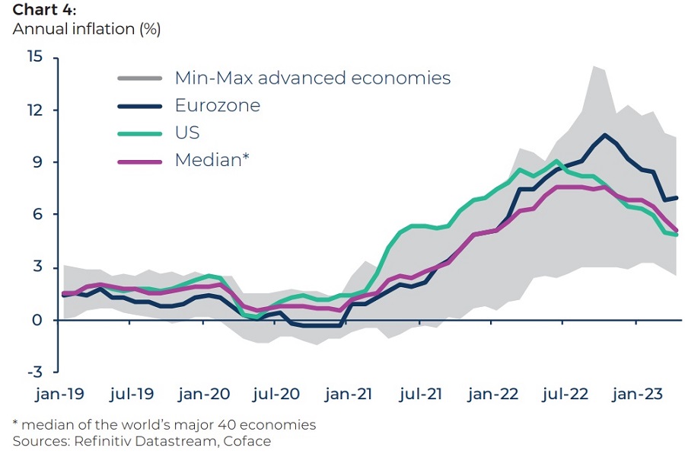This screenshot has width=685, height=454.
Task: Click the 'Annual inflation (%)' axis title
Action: click(87, 30)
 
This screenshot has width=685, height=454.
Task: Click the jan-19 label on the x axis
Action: click(61, 395)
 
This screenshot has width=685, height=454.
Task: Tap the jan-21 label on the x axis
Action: click(349, 395)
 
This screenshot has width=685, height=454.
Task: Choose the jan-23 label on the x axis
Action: click(637, 395)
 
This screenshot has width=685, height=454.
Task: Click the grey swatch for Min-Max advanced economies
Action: click(140, 78)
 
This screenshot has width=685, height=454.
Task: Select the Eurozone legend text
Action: click(217, 105)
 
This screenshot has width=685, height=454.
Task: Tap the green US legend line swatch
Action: click(140, 133)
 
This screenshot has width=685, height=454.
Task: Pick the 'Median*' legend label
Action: click(212, 160)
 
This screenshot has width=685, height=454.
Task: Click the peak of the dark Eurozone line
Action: click(604, 135)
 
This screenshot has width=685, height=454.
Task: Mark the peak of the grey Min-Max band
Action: click(594, 66)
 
